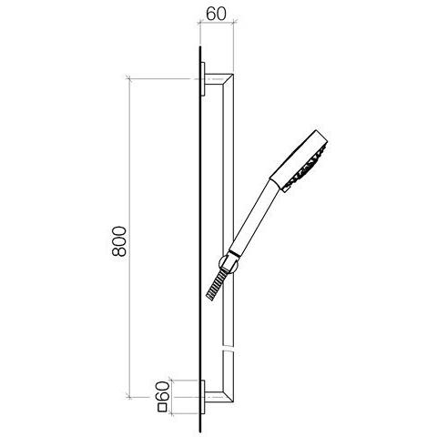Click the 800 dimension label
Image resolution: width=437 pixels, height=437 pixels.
click(118, 241)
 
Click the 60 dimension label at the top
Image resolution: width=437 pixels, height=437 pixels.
click(216, 14)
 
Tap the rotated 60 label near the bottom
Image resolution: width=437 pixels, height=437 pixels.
click(162, 391)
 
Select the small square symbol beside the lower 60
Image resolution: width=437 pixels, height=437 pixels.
click(163, 407)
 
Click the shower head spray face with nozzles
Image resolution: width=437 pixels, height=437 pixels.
click(307, 168)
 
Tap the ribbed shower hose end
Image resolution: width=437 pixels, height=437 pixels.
click(217, 285)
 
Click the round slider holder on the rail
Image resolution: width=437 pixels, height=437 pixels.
click(229, 263)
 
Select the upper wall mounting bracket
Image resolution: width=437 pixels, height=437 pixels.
click(203, 79)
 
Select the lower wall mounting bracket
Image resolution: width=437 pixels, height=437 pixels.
click(203, 397)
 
